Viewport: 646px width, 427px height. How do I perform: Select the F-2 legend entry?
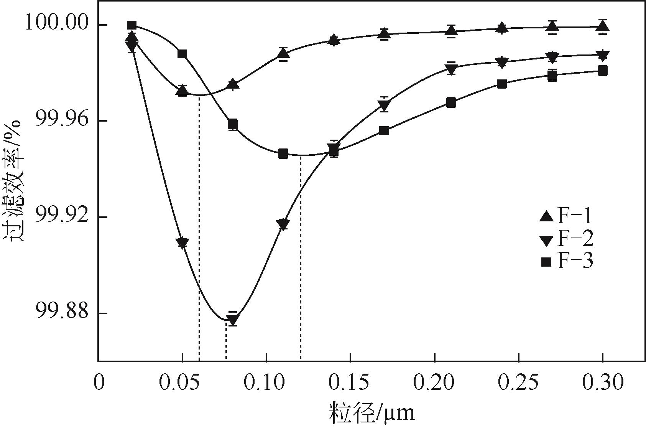click(565, 239)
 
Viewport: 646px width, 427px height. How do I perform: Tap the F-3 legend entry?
click(565, 262)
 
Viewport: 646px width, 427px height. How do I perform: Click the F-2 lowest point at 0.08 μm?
click(233, 319)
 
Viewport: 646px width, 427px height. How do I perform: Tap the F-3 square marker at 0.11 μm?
click(283, 154)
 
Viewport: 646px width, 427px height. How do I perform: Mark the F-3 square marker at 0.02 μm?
click(132, 25)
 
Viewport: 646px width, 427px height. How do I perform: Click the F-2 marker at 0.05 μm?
click(183, 243)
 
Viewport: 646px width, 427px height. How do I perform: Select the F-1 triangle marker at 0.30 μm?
click(603, 26)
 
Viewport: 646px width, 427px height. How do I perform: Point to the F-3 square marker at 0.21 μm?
click(451, 102)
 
